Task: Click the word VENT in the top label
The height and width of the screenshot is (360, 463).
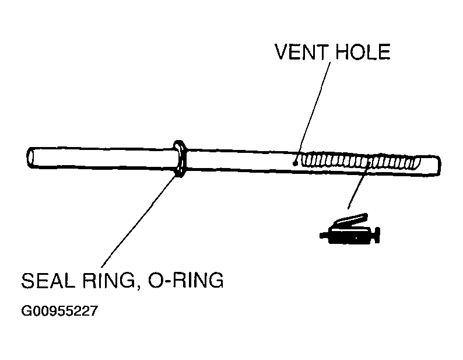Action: [301, 53]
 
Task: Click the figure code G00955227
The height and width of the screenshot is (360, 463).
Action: [59, 311]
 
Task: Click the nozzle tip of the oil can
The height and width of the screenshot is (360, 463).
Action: [324, 236]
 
